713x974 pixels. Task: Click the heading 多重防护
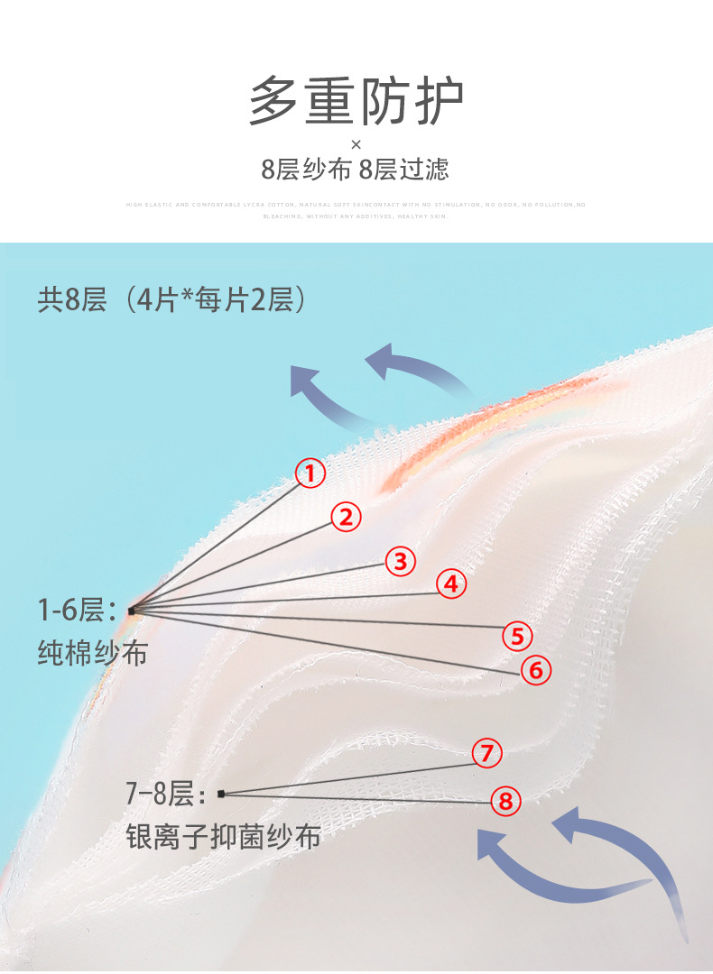356,102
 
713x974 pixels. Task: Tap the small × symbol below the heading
356,144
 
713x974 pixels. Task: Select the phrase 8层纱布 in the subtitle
306,170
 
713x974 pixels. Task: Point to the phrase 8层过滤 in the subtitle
403,170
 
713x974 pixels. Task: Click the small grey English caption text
356,210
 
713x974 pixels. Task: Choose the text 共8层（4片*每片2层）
171,299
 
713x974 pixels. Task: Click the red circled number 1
310,473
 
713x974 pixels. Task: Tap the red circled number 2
345,518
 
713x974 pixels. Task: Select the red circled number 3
401,562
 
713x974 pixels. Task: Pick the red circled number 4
452,584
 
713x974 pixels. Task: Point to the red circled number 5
517,637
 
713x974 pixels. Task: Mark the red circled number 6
535,670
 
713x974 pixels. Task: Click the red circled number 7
487,752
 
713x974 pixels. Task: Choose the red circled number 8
505,800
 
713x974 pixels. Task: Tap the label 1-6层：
77,611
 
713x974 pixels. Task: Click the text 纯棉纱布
92,653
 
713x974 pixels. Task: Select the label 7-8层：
165,795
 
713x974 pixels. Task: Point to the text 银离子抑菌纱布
223,837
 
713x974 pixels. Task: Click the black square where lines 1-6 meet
131,611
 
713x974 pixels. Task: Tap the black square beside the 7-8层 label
221,794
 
